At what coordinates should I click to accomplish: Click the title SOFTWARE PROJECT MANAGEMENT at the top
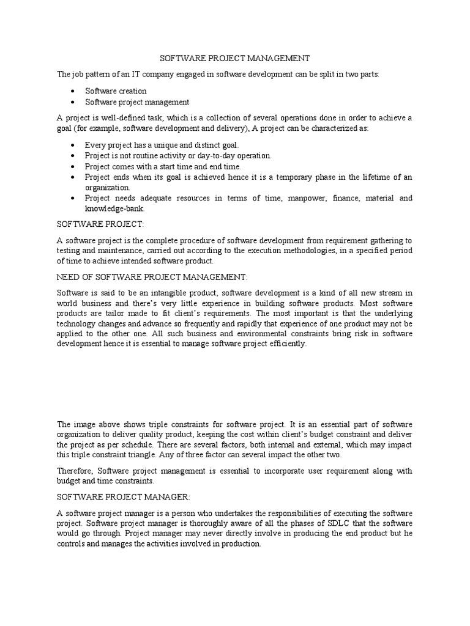click(x=235, y=58)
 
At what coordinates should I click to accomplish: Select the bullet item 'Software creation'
click(x=116, y=91)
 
